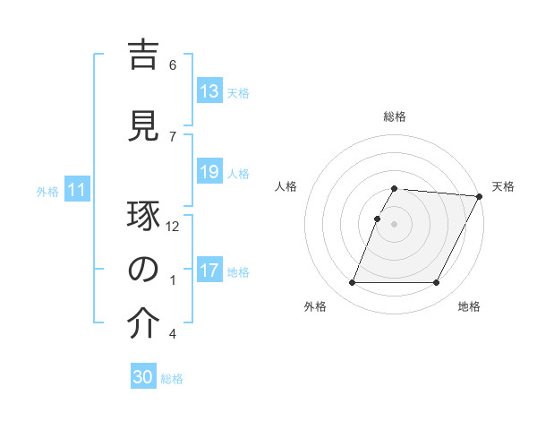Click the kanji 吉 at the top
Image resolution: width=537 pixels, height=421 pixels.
tap(143, 56)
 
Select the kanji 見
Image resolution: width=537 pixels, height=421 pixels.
tap(143, 125)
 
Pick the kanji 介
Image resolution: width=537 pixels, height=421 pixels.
tap(143, 324)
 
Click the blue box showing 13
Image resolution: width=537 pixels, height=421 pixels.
tap(209, 91)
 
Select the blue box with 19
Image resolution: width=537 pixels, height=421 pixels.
tap(209, 172)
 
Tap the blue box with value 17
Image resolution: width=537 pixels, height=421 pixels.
tap(209, 271)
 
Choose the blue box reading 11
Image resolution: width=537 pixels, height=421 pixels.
tap(76, 190)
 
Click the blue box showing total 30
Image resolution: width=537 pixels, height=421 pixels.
tap(143, 377)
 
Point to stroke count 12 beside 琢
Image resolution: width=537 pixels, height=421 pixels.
tap(173, 227)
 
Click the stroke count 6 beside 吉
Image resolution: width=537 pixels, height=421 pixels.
tap(173, 64)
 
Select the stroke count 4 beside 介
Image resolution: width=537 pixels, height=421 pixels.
tap(173, 334)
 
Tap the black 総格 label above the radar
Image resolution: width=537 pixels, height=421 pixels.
tap(395, 117)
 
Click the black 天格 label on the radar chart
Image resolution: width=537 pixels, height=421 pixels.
tap(503, 186)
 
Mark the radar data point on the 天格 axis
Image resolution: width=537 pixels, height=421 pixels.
tap(479, 196)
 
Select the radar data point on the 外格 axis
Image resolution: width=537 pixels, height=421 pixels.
tap(352, 283)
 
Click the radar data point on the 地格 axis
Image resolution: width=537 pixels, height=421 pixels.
tap(437, 283)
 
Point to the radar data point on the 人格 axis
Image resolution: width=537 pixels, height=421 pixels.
tap(378, 219)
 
